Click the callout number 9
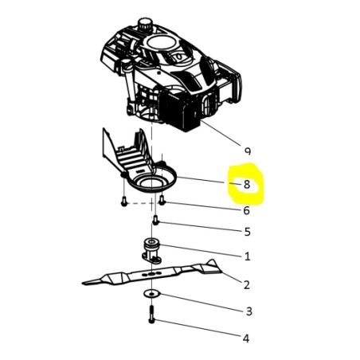[x=248, y=151]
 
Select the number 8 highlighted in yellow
[x=248, y=185]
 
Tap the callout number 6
[x=247, y=210]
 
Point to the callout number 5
[x=248, y=232]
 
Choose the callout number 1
[x=248, y=256]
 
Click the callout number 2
[x=248, y=284]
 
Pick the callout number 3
[x=248, y=311]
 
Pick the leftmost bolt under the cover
[x=125, y=202]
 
